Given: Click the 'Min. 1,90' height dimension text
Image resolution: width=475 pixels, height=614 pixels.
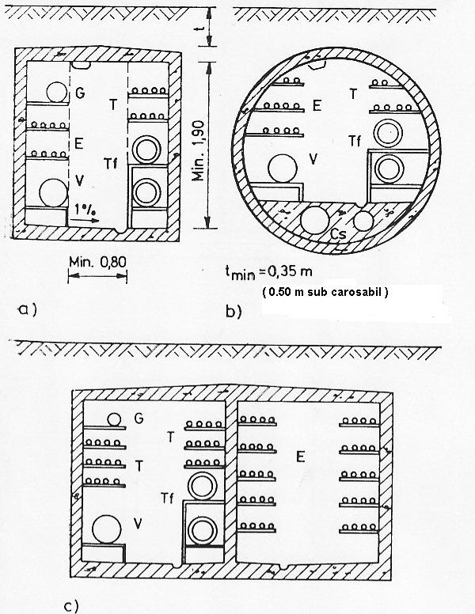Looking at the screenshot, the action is [199, 151].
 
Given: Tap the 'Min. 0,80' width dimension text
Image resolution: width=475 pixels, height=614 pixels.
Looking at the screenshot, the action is [97, 262].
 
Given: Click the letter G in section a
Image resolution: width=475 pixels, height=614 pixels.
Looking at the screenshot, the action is [80, 93].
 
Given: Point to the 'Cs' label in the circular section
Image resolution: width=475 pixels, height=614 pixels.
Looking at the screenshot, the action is [337, 234].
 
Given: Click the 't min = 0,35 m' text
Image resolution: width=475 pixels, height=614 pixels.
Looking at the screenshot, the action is [269, 272].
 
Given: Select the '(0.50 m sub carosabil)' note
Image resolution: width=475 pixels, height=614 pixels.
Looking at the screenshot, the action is [325, 292].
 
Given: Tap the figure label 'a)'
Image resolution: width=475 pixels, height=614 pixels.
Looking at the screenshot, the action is [28, 309].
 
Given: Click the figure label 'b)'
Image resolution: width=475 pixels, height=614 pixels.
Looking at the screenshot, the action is [234, 311].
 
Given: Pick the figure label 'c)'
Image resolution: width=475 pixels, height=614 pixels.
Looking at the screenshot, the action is [71, 606].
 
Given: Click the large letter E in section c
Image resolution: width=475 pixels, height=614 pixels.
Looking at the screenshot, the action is [300, 457].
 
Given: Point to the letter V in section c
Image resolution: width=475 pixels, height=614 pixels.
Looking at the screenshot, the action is [138, 524].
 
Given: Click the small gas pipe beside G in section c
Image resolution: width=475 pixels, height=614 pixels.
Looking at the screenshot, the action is [114, 420].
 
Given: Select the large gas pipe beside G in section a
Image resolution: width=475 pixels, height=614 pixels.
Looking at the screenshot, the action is [57, 92].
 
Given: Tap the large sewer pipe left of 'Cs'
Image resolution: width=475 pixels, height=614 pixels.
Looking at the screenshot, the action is [314, 220].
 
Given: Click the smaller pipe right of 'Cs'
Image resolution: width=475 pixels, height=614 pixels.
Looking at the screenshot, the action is [363, 222].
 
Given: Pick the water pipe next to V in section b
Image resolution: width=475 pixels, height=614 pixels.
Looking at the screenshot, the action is [283, 169].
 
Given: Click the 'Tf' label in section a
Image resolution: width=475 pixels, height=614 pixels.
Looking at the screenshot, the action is [111, 163].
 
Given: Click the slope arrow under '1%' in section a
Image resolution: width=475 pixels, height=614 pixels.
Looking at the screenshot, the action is [86, 221].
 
